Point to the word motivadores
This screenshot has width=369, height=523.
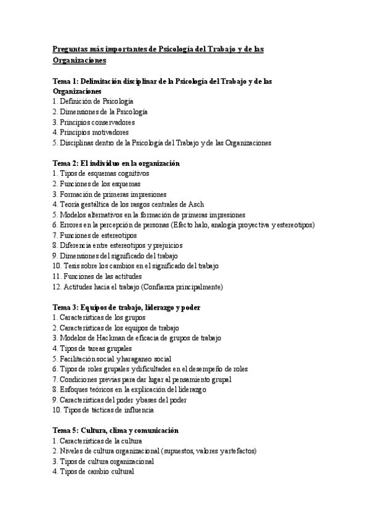(109, 133)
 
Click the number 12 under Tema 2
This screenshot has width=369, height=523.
(56, 287)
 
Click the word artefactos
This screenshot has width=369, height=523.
(237, 451)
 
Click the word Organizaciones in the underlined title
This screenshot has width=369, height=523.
(79, 60)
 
